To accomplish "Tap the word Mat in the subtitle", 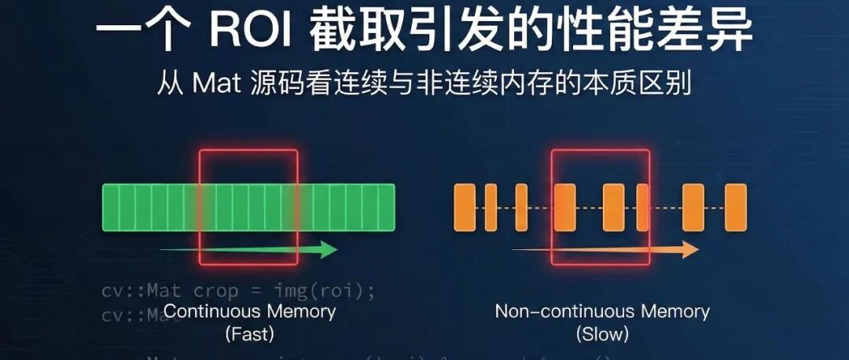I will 215,85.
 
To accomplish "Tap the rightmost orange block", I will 735,208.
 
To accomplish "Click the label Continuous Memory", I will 249,311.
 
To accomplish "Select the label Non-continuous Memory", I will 602,311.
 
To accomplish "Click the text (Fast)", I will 249,334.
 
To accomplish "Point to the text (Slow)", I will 602,334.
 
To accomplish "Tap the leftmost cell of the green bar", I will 111,208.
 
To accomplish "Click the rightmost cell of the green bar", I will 386,208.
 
